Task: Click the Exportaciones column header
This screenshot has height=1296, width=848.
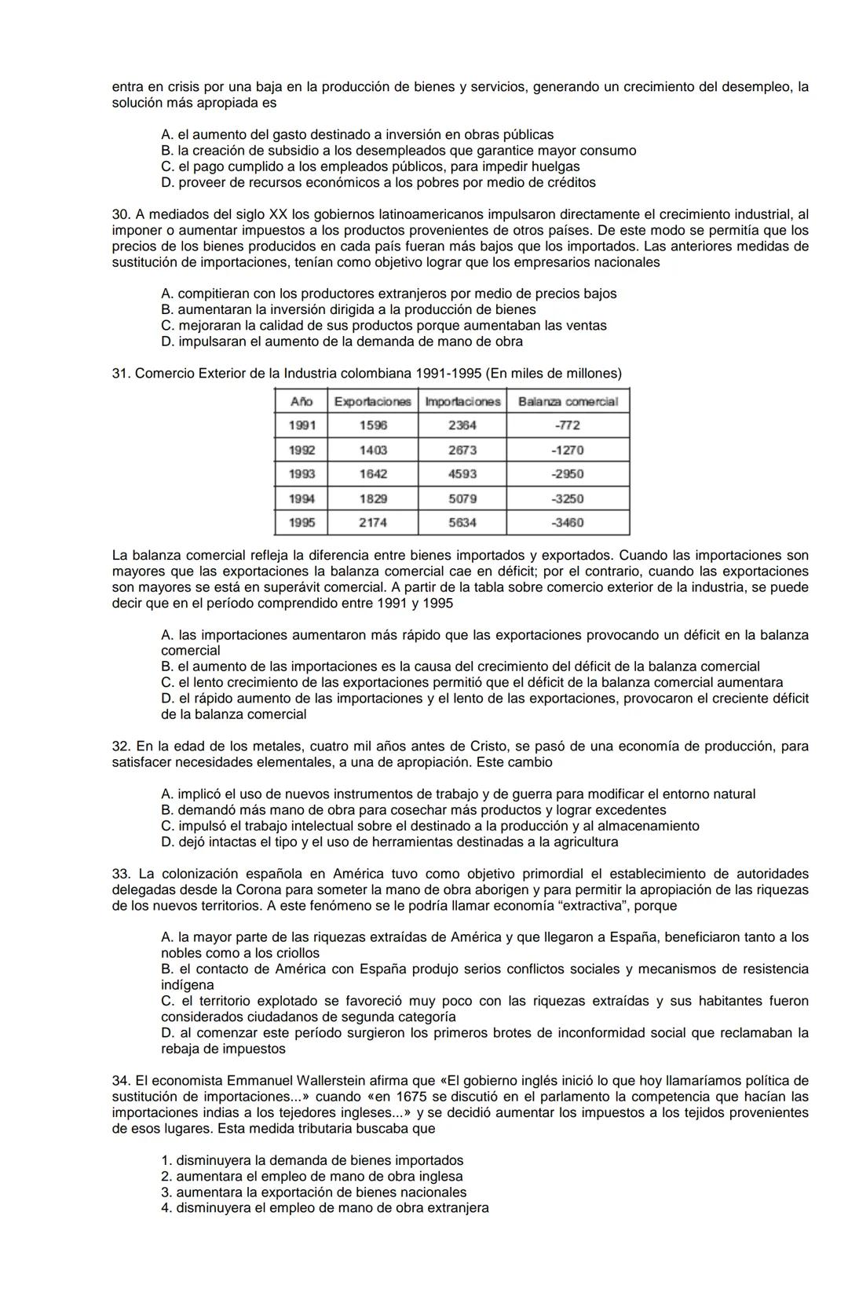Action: click(x=372, y=401)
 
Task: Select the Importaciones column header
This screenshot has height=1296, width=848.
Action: click(x=462, y=401)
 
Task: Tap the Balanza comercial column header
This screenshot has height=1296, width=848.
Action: click(x=567, y=401)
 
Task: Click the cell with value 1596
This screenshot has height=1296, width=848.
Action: click(x=373, y=425)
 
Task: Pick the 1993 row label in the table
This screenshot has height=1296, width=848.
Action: click(x=302, y=474)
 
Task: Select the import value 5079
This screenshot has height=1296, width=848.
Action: click(x=462, y=498)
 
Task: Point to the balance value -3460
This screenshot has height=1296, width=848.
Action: click(x=567, y=523)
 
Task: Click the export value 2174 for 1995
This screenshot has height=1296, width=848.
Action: click(x=373, y=523)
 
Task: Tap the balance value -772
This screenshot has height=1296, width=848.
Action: click(x=567, y=425)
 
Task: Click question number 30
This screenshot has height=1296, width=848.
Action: click(x=120, y=214)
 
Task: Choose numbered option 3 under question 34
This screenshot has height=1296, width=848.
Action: click(x=166, y=1192)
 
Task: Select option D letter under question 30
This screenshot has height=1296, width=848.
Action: click(x=166, y=341)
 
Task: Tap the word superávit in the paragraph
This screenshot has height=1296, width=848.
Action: click(x=333, y=587)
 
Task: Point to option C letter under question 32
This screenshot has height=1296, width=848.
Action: click(x=166, y=826)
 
